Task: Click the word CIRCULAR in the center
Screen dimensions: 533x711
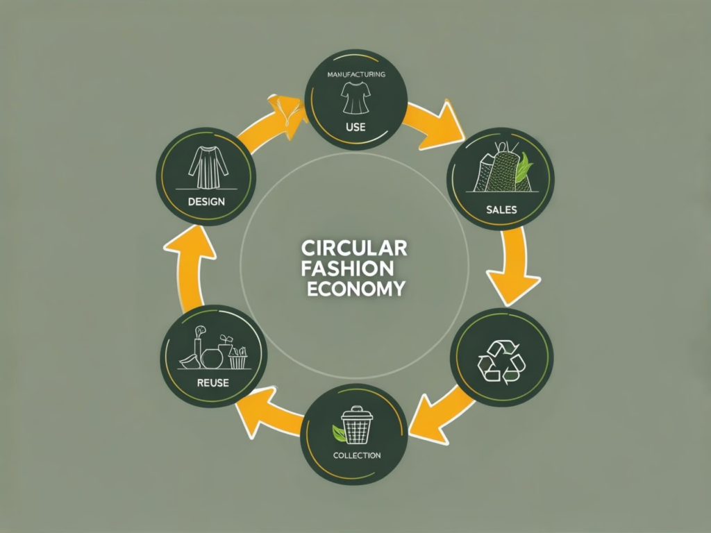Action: [354, 248]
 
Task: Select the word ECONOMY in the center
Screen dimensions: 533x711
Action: [355, 289]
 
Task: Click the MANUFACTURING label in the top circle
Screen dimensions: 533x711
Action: [356, 74]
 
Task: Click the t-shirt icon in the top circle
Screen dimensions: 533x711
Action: [355, 97]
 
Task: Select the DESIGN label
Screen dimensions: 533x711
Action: [206, 201]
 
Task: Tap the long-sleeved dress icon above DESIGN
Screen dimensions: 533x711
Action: [206, 167]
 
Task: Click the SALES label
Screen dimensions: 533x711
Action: [502, 209]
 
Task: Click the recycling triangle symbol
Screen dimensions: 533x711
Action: [499, 361]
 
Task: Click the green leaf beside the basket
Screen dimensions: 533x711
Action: [338, 434]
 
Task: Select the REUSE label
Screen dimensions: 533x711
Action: [212, 382]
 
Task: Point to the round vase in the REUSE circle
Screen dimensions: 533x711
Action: [212, 357]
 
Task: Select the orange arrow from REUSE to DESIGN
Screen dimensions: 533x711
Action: [186, 267]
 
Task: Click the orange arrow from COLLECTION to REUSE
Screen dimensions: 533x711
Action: [267, 416]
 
